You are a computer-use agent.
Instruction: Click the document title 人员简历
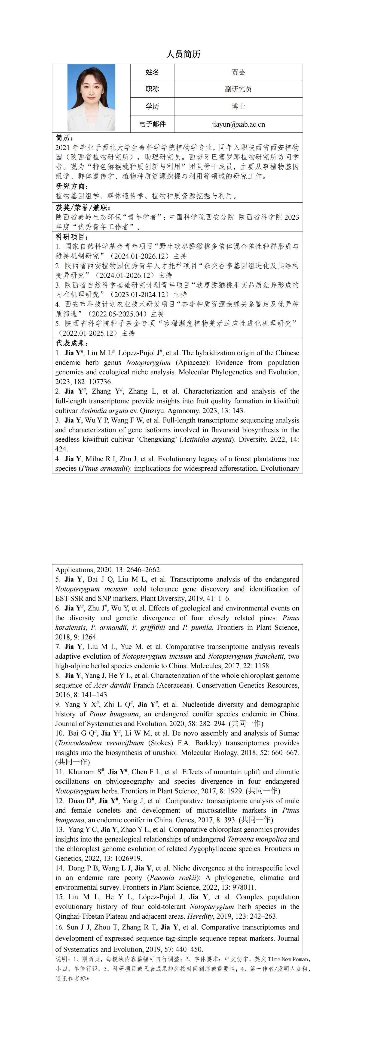183,54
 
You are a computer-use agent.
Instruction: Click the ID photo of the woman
92,98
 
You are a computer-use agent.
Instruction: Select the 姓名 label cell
152,72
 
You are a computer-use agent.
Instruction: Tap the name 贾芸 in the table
238,72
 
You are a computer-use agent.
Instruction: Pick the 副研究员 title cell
238,89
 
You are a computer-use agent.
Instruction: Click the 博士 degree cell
238,106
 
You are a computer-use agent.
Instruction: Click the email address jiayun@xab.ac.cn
238,124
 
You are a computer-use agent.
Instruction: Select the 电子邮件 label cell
152,124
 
